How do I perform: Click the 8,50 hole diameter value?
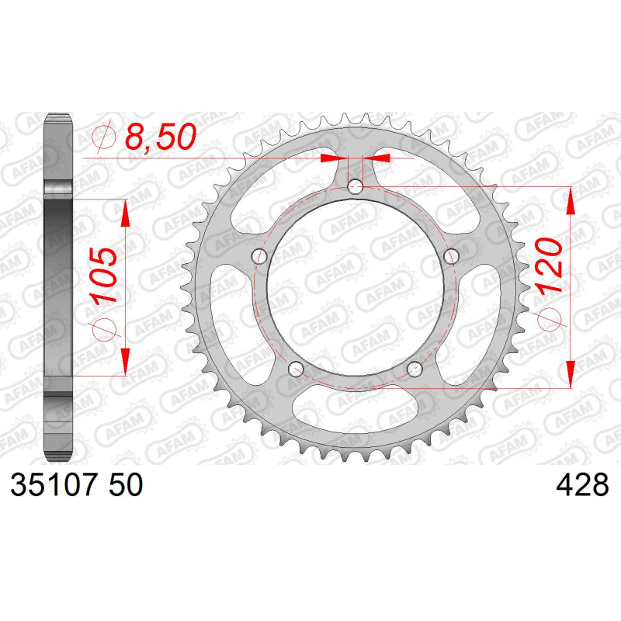pyautogui.click(x=161, y=137)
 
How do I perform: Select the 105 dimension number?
pyautogui.click(x=103, y=276)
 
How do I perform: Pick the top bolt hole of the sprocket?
pyautogui.click(x=356, y=186)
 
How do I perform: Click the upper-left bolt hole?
pyautogui.click(x=259, y=256)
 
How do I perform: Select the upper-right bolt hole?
pyautogui.click(x=451, y=256)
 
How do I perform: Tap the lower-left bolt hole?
pyautogui.click(x=296, y=369)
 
